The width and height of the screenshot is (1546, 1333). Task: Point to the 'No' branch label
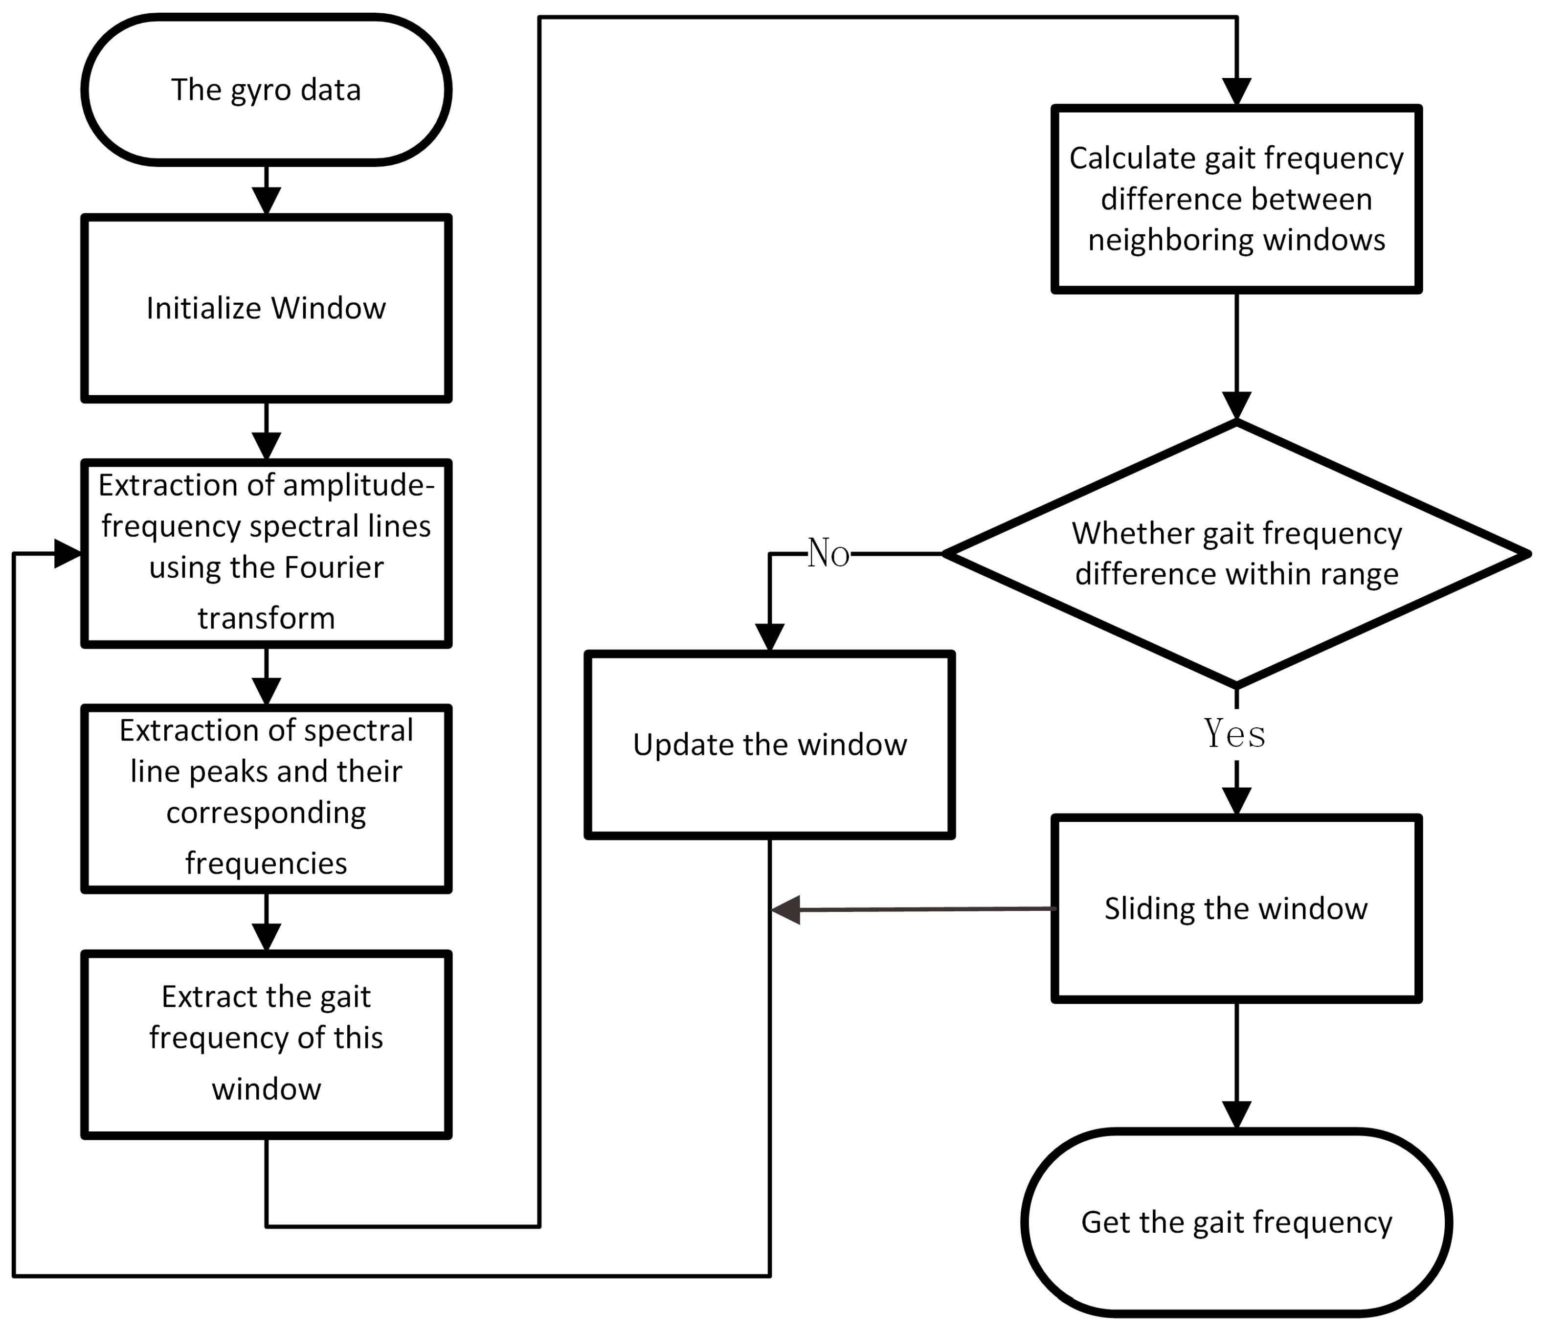(828, 554)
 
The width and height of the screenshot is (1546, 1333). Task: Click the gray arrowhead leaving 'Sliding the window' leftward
(785, 910)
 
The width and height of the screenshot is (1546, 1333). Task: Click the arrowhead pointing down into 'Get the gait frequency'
(1236, 1114)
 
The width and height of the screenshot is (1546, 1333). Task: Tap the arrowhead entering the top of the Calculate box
(1236, 91)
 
